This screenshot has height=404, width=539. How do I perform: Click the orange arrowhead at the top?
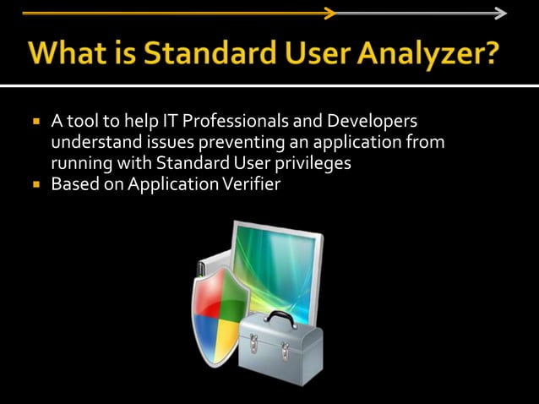330,13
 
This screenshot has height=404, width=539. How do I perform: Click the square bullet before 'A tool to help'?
37,122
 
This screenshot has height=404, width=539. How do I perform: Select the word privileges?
309,162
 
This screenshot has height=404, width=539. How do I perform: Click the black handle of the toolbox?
277,319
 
